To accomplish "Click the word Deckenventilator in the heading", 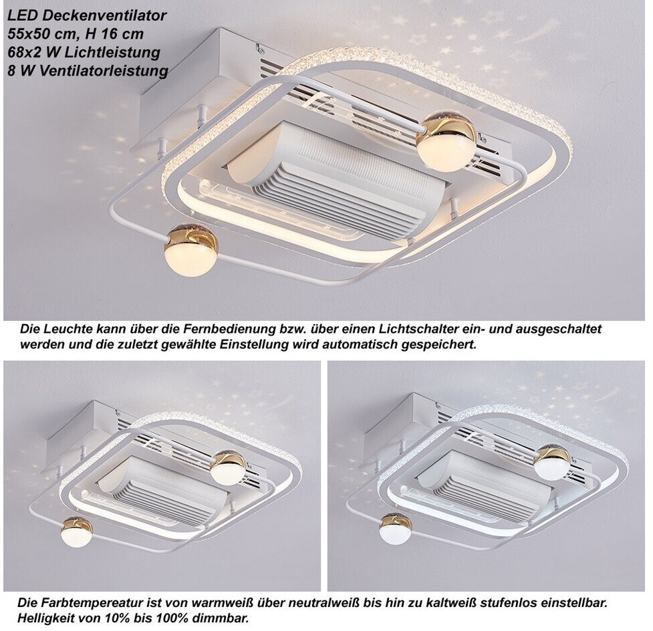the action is pos(104,15).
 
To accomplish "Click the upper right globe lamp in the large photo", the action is pos(447,141).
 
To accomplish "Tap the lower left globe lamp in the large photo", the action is pos(190,250).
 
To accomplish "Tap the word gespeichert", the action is pos(438,346).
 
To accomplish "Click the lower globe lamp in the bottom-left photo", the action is pos(76,532).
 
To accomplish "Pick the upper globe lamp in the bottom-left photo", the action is pos(228,468).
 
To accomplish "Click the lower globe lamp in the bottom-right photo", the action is pos(396,529).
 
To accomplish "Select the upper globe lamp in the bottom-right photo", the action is pos(553,462).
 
